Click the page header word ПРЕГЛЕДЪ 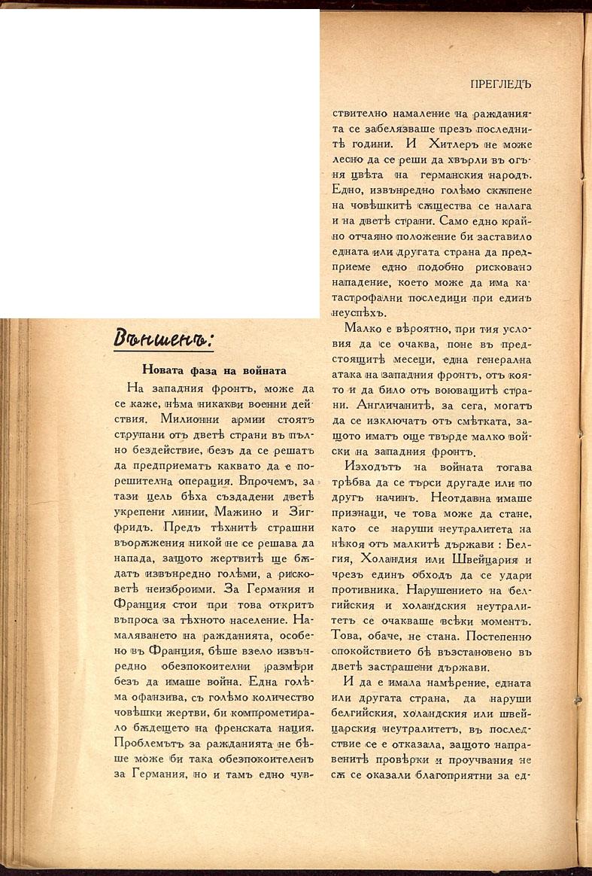[499, 85]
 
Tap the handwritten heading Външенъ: [163, 340]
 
